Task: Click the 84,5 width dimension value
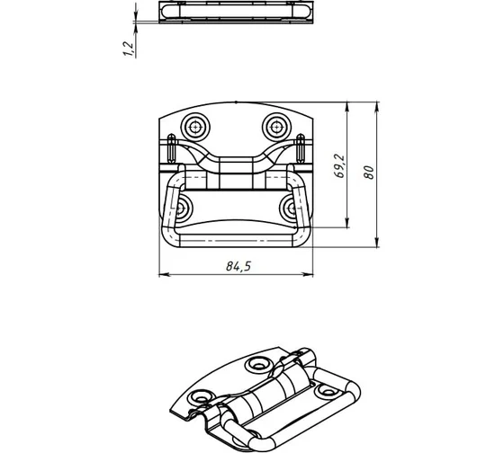tap(238, 266)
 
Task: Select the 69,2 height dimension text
tap(339, 165)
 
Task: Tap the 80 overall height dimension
tap(369, 173)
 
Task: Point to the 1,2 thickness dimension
tap(128, 49)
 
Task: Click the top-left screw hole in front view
tap(195, 128)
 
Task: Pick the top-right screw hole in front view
tap(276, 128)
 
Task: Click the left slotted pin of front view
tap(172, 148)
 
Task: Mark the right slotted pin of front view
tap(301, 148)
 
